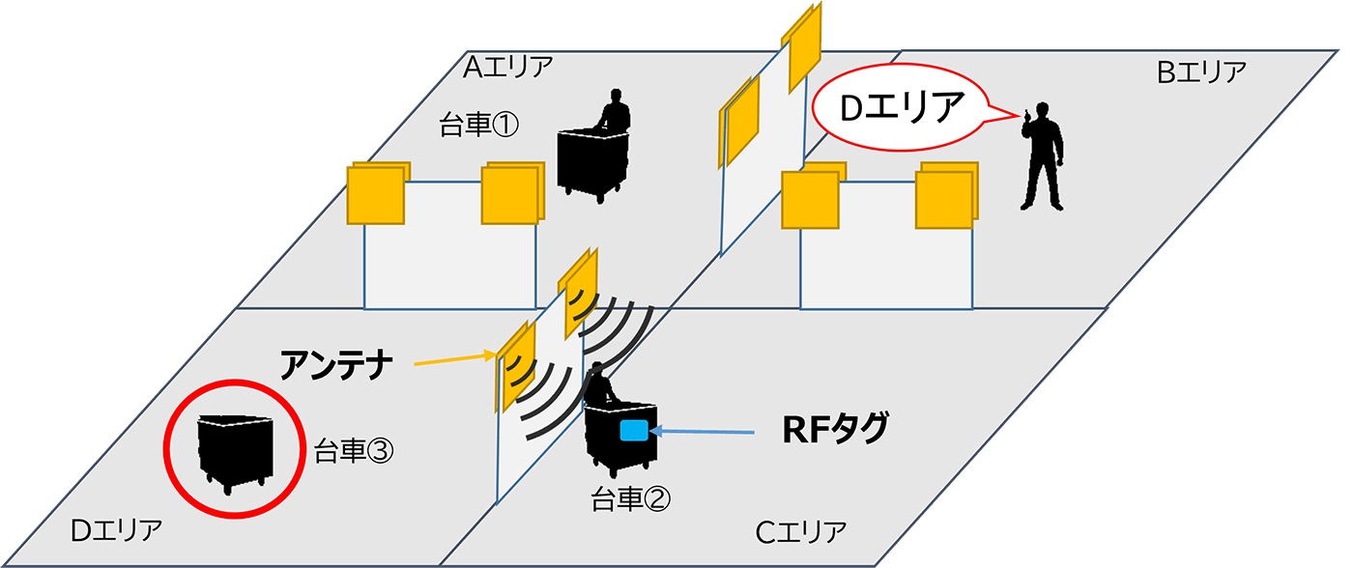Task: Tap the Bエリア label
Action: (1201, 71)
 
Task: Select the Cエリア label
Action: (801, 531)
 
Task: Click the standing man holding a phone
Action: (1043, 155)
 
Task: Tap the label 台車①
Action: (479, 126)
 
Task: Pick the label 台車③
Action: (352, 449)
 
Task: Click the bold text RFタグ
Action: (834, 429)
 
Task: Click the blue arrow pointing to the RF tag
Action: (705, 432)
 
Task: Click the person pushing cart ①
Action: (614, 111)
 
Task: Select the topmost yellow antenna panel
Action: (805, 43)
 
